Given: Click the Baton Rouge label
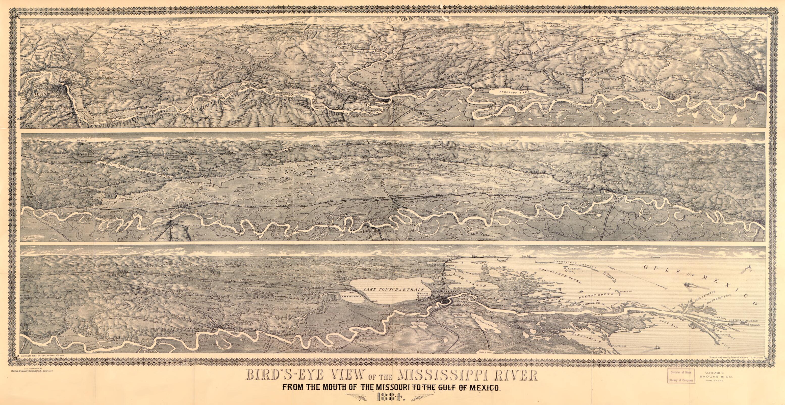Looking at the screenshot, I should tap(276, 330).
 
